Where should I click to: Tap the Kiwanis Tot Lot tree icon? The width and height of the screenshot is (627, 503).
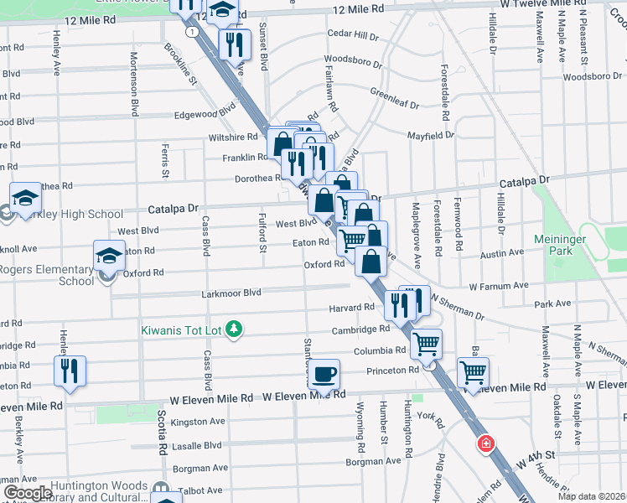point(236,329)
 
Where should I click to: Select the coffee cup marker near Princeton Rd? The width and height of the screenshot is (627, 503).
point(324,375)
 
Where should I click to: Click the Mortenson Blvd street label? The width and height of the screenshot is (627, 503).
point(133,84)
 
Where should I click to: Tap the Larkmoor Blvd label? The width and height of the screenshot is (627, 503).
point(231,293)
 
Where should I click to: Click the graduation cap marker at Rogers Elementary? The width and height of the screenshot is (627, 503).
point(109,255)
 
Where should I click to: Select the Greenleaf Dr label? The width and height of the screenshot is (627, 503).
point(393,96)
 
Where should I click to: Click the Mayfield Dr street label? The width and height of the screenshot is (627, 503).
point(430,135)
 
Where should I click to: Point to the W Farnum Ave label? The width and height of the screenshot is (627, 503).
point(498,286)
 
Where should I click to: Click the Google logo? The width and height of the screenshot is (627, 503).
point(27,493)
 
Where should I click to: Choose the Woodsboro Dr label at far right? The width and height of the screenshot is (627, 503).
point(593,77)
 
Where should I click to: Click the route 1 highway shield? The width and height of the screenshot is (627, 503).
point(193,31)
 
